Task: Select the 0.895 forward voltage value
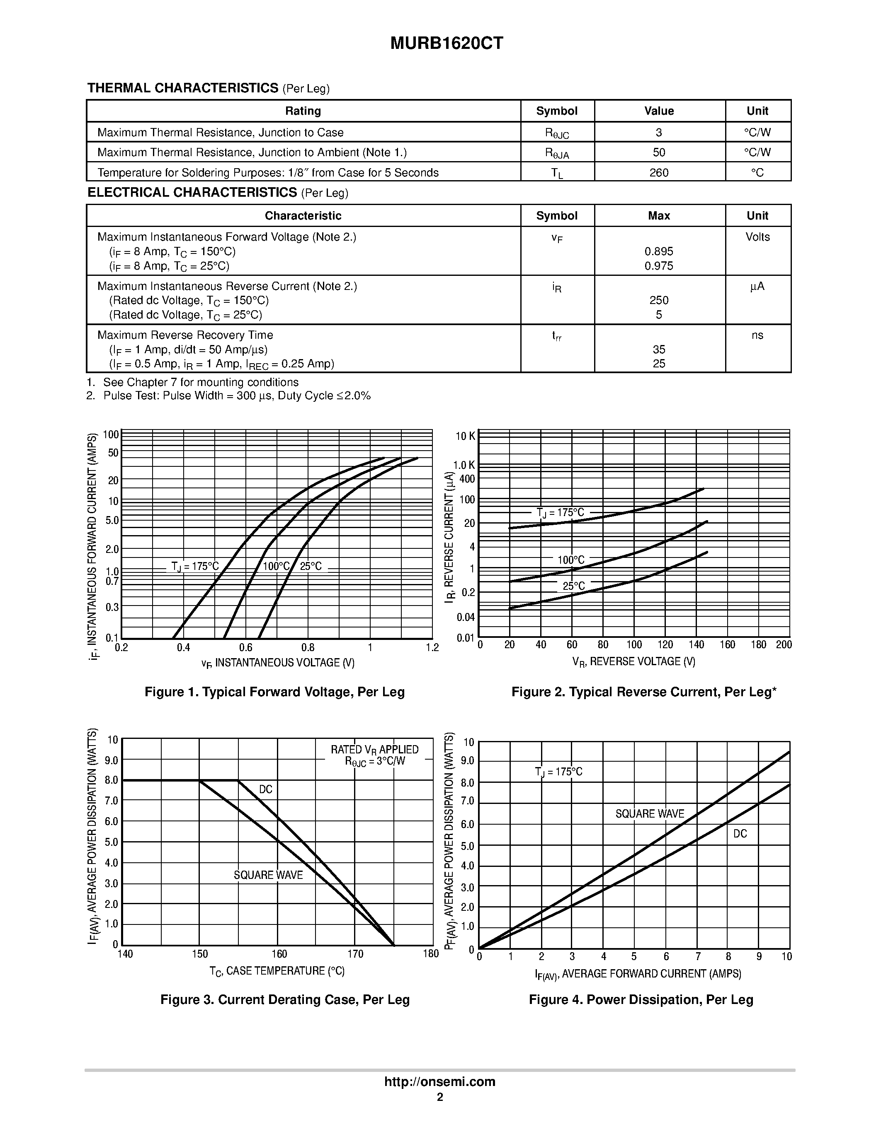click(659, 251)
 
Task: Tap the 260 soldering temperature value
click(659, 173)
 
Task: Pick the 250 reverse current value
click(659, 300)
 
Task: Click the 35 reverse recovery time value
click(659, 350)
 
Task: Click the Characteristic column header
click(303, 216)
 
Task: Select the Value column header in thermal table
click(659, 111)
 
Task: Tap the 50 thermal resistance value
click(659, 152)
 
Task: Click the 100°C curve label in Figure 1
click(276, 566)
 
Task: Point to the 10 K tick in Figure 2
click(466, 436)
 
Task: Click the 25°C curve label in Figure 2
click(574, 586)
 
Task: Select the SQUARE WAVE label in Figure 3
click(268, 875)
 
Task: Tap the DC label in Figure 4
click(740, 834)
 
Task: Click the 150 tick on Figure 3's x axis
click(200, 954)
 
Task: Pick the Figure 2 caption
click(643, 692)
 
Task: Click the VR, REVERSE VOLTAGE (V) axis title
click(633, 662)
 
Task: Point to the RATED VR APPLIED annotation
click(374, 749)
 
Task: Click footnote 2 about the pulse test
click(228, 396)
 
